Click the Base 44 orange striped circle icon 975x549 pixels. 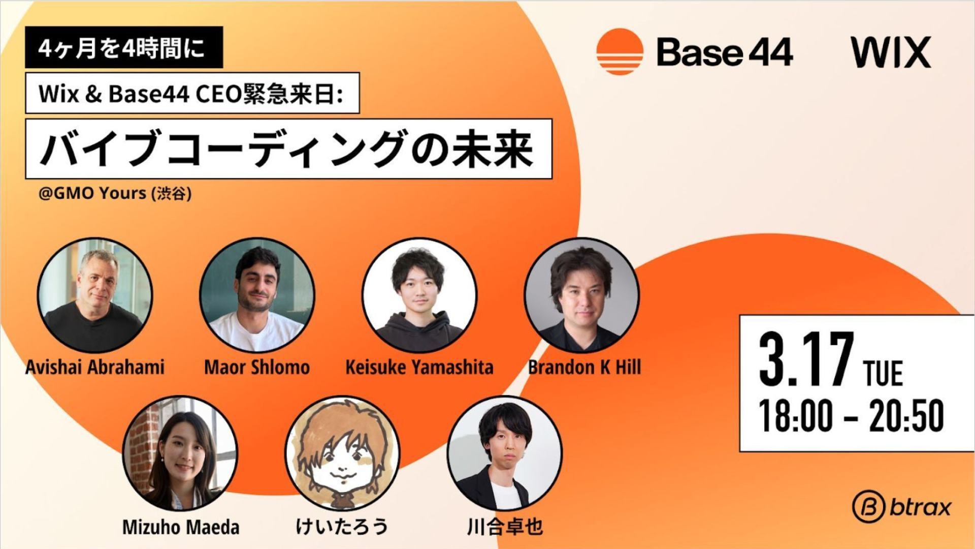pos(620,52)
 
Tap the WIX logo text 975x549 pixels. pos(891,52)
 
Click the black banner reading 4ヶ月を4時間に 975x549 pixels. pos(124,47)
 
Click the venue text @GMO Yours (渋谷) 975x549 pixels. pos(115,193)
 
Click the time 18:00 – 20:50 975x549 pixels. pos(851,415)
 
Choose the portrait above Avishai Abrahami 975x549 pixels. pos(95,295)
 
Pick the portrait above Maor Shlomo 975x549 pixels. pos(257,295)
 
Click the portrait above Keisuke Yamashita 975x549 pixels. pos(419,295)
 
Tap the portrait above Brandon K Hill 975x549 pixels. pos(582,295)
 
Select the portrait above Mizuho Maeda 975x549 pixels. pos(180,453)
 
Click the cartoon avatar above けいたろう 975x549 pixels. pos(342,453)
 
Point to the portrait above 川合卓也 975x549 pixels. pos(505,453)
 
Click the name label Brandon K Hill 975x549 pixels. pos(584,367)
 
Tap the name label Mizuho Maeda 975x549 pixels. pos(181,527)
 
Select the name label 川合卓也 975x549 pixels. pos(505,526)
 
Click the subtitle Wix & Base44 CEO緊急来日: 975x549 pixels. pos(192,93)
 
